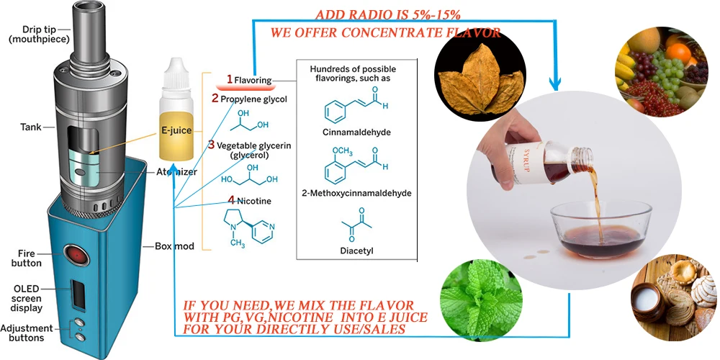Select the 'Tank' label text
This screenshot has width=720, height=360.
pos(30,128)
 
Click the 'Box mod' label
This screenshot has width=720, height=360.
pos(174,246)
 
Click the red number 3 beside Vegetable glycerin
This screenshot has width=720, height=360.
pos(211,145)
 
